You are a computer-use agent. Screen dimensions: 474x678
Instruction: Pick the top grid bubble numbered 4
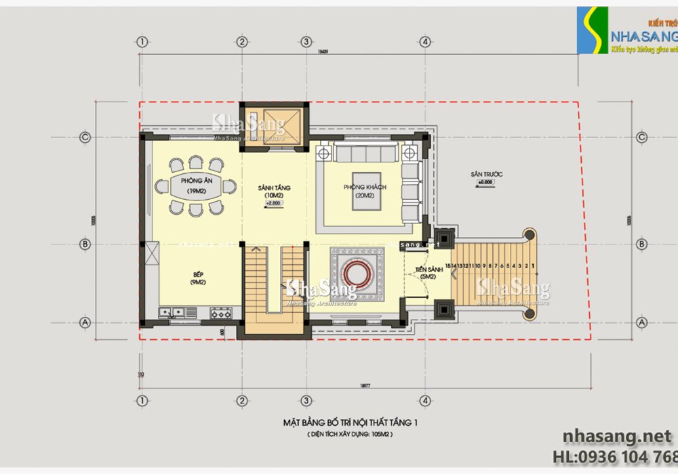point(424,41)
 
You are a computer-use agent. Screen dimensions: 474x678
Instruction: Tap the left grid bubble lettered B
point(85,244)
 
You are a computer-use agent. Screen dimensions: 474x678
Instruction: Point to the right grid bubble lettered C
point(642,137)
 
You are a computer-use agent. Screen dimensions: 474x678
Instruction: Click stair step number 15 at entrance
point(448,266)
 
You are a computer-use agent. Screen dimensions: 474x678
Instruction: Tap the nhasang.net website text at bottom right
point(617,435)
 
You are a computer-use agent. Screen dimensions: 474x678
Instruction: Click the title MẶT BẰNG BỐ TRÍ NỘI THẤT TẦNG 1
point(349,423)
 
